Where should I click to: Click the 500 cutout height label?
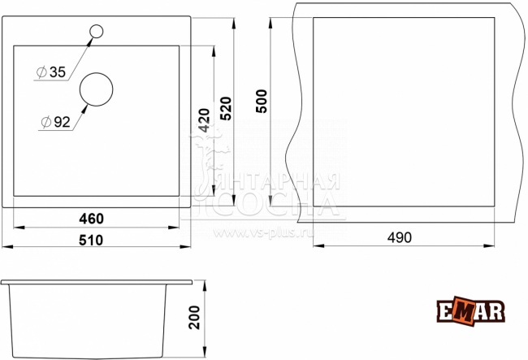pos(261,102)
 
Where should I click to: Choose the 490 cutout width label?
pos(399,237)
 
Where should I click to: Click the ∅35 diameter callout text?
pos(50,72)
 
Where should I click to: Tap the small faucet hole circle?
pos(97,32)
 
